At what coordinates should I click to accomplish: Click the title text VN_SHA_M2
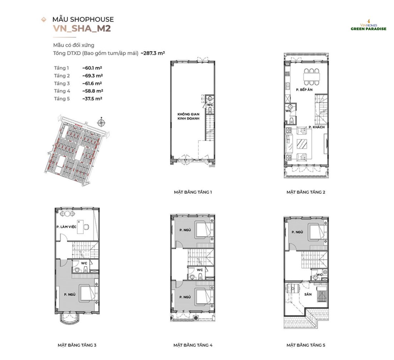coord(82,29)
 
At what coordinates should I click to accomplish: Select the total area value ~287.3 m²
coord(153,53)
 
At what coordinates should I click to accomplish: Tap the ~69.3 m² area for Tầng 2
coord(92,76)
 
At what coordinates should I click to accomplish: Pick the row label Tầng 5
coord(62,99)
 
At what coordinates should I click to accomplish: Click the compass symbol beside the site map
coord(101,123)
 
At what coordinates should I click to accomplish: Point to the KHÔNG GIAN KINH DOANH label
coord(188,116)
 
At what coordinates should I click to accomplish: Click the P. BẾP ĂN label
coord(304,90)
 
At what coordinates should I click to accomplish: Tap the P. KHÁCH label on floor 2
coord(317,127)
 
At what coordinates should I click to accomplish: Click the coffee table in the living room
coord(302,144)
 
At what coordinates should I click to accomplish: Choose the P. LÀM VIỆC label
coord(66,227)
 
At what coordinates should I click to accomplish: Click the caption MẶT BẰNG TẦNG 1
coord(193,192)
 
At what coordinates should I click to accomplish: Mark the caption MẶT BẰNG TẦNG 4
coord(193,345)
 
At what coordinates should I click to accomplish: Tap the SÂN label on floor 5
coord(308,294)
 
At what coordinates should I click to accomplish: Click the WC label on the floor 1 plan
coord(210,105)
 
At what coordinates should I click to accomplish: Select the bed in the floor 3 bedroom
coord(88,294)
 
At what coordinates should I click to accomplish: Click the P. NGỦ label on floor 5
coord(297,232)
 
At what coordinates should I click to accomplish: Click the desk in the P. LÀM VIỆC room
coord(80,227)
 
